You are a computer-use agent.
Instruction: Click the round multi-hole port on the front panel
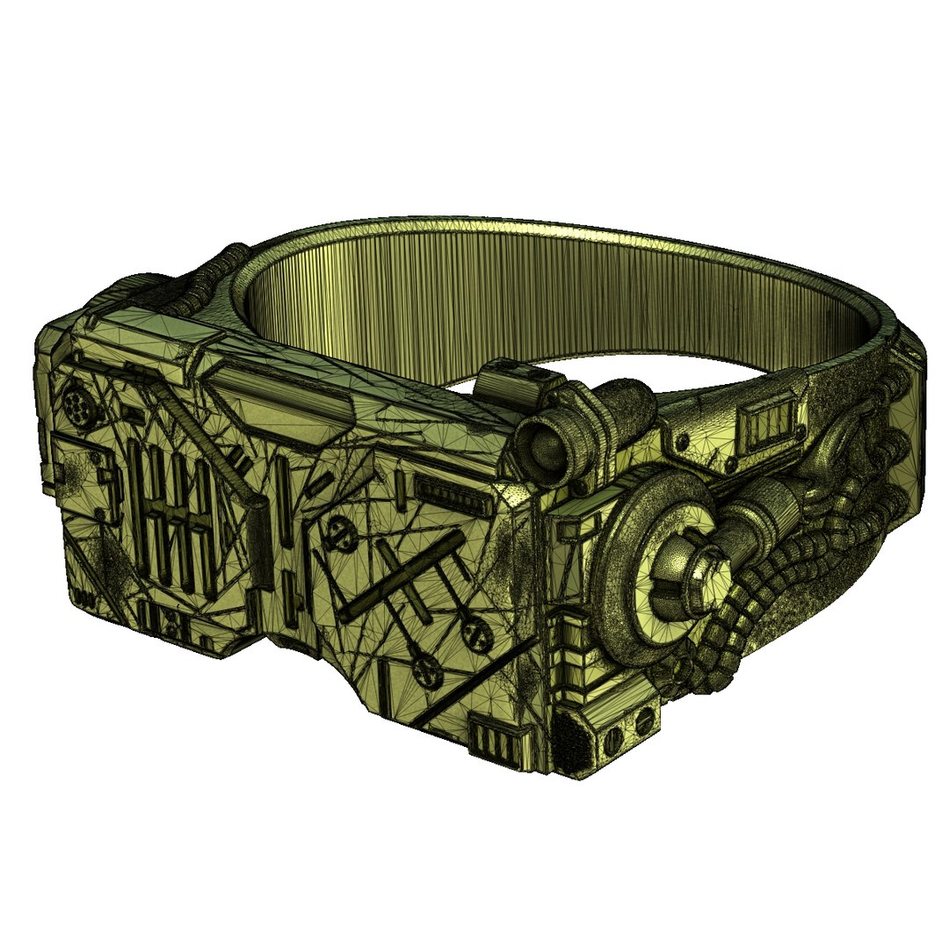tap(77, 407)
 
